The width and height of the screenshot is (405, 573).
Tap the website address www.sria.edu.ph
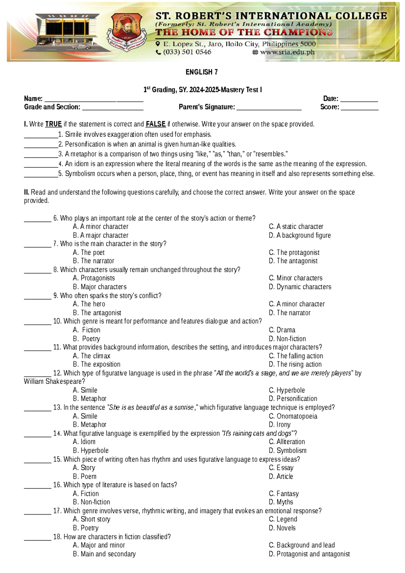pos(287,52)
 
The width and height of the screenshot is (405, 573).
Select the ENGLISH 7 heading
pos(201,72)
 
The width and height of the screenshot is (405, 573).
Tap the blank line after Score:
pos(359,108)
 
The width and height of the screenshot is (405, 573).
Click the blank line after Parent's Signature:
pos(269,108)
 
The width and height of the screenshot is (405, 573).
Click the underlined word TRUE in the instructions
pos(53,124)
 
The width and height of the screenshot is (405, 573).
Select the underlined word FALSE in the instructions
pos(155,124)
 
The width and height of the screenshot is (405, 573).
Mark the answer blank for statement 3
pos(41,155)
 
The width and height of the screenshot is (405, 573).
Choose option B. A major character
pos(101,235)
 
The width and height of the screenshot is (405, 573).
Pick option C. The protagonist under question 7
pos(294,252)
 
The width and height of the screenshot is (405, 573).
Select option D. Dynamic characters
pos(300,287)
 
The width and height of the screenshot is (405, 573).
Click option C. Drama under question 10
pos(282,330)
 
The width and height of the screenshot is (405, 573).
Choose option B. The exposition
pos(97,364)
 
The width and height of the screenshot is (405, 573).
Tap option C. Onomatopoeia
pos(293,416)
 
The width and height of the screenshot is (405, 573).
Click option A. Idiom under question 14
pos(84,442)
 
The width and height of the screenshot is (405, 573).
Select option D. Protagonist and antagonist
pos(309,554)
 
